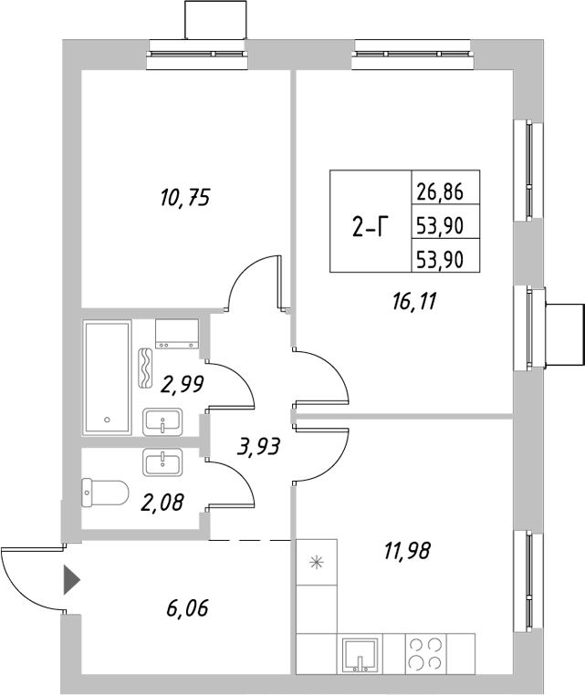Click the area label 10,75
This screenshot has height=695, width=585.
180,197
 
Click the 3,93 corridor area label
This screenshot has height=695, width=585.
257,447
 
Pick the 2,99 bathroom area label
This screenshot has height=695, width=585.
183,385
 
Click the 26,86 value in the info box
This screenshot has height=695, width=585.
440,192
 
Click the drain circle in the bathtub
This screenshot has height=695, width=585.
108,420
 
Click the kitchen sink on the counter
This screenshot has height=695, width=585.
359,654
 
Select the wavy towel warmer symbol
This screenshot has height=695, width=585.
145,368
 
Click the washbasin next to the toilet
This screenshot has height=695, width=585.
163,462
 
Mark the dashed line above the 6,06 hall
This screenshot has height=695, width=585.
250,541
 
